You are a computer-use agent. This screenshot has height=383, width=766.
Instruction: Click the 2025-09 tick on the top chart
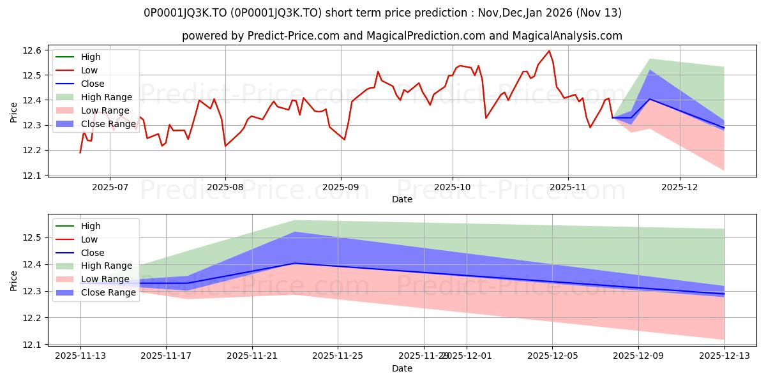pyautogui.click(x=340, y=186)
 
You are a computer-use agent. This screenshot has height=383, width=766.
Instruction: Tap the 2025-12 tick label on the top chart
pyautogui.click(x=680, y=186)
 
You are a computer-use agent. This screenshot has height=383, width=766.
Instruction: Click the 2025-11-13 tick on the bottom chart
pyautogui.click(x=80, y=356)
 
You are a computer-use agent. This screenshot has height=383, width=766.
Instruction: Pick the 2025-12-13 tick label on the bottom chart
pyautogui.click(x=724, y=356)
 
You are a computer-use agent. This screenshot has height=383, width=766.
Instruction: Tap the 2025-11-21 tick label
pyautogui.click(x=252, y=356)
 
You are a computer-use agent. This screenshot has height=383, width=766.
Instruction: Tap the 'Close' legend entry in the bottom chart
pyautogui.click(x=93, y=253)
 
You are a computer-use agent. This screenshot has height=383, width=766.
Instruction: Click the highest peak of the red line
pyautogui.click(x=549, y=51)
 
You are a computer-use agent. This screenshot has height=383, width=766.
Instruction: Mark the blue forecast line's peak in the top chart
pyautogui.click(x=650, y=99)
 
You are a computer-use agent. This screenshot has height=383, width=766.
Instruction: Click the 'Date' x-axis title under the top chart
pyautogui.click(x=402, y=199)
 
